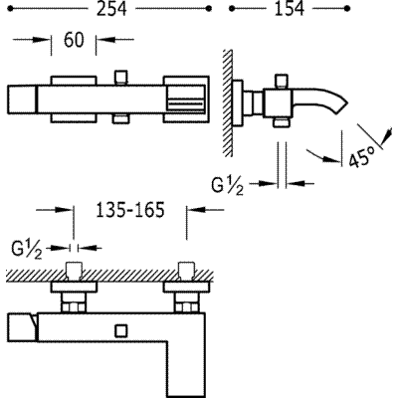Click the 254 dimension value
pyautogui.click(x=111, y=9)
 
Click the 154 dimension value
pyautogui.click(x=289, y=9)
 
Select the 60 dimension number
pyautogui.click(x=74, y=40)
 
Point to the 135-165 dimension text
pyautogui.click(x=130, y=210)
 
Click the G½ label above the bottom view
pyautogui.click(x=27, y=250)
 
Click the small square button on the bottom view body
pyautogui.click(x=120, y=331)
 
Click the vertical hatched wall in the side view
pyautogui.click(x=228, y=103)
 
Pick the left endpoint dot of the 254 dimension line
pyautogui.click(x=10, y=9)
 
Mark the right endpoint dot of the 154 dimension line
pyautogui.click(x=347, y=9)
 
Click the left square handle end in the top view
pyautogui.click(x=22, y=99)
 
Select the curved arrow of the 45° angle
pyautogui.click(x=323, y=156)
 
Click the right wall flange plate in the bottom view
pyautogui.click(x=186, y=288)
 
